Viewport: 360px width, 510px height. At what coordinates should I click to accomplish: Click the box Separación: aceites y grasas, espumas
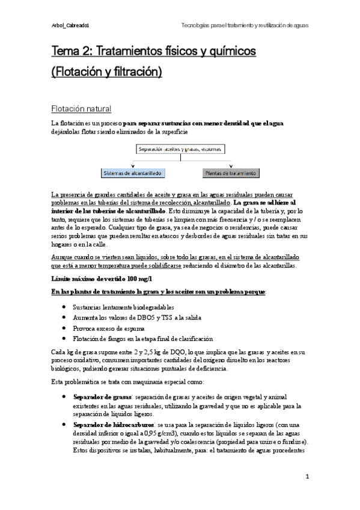pyautogui.click(x=180, y=149)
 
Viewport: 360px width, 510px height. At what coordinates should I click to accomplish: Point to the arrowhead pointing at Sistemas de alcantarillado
pyautogui.click(x=132, y=166)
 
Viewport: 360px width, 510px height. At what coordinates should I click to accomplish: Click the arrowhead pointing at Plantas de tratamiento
pyautogui.click(x=231, y=166)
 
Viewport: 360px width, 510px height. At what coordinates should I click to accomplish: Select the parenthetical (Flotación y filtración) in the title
pyautogui.click(x=107, y=73)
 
